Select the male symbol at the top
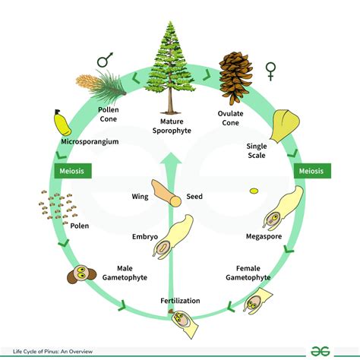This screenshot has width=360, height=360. coord(105,60)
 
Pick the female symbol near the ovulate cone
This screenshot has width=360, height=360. coord(270,71)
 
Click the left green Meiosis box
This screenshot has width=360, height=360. coord(71,170)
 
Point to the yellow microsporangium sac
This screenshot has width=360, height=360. coord(58,123)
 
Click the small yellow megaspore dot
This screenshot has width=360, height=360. coord(254,190)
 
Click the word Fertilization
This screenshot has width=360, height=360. coord(180,301)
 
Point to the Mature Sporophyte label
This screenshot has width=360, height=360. coord(180,125)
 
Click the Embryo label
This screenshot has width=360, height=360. coord(144,237)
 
